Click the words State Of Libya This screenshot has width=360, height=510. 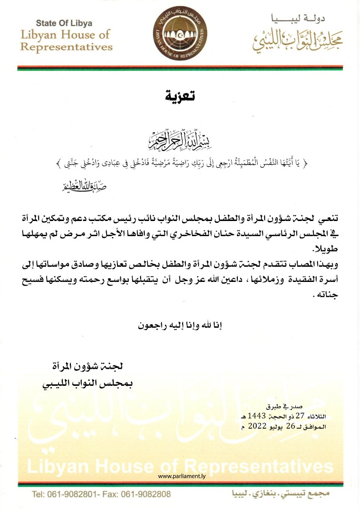click(x=64, y=23)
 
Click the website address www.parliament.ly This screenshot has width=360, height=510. click(x=180, y=476)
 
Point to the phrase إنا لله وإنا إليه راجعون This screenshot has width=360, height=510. click(x=180, y=326)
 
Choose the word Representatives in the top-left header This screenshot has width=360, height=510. click(x=67, y=47)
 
